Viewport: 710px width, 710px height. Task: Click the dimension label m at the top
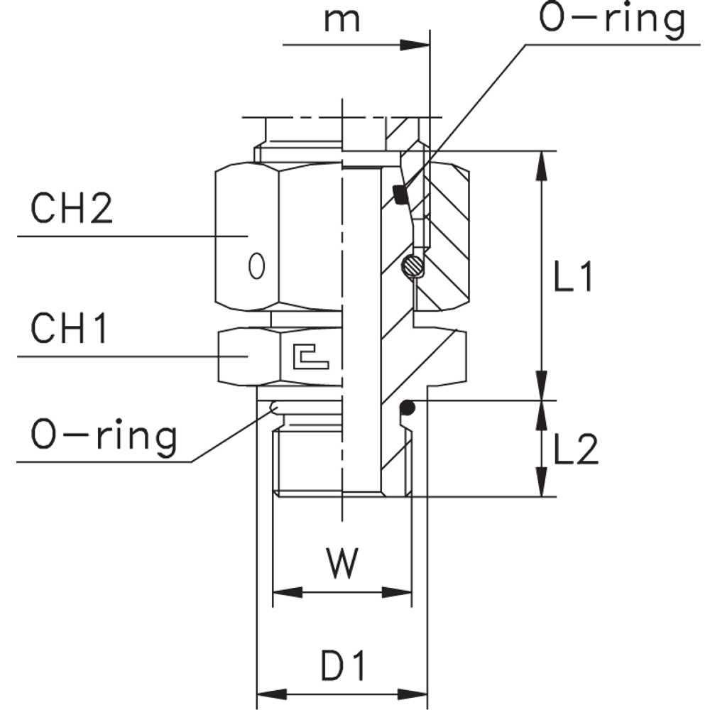pyautogui.click(x=341, y=21)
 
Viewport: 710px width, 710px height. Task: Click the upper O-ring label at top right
pyautogui.click(x=612, y=21)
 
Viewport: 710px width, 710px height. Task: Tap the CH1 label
pyautogui.click(x=68, y=331)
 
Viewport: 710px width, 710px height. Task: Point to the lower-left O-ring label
pyautogui.click(x=104, y=436)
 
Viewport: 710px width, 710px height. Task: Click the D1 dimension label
pyautogui.click(x=342, y=667)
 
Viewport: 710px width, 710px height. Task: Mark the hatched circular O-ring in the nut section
pyautogui.click(x=413, y=267)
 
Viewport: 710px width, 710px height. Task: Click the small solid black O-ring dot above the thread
pyautogui.click(x=407, y=408)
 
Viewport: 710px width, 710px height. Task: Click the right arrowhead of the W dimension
pyautogui.click(x=397, y=591)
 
